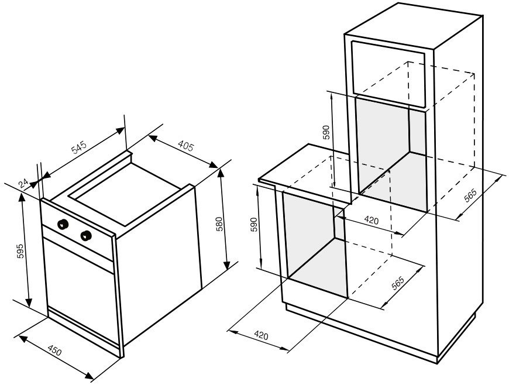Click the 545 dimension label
click(x=79, y=147)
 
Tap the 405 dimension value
click(x=185, y=146)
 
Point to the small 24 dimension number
click(x=23, y=183)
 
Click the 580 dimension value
click(x=219, y=224)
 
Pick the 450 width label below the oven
click(x=54, y=350)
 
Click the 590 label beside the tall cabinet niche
click(x=326, y=132)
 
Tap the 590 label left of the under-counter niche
click(x=253, y=225)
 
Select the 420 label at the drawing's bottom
click(x=261, y=335)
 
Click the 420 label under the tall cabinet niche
click(x=372, y=221)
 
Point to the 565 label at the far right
click(x=470, y=196)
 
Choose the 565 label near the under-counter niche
click(x=397, y=283)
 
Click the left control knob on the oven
click(x=63, y=224)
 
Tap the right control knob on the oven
click(x=86, y=236)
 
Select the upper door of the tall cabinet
click(x=388, y=74)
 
